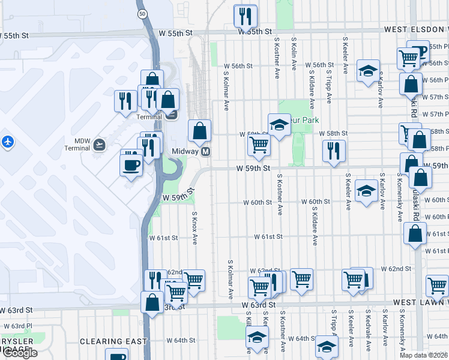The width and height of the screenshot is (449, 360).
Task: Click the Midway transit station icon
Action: coord(205,152)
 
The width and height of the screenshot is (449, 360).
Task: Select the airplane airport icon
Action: coord(7,142)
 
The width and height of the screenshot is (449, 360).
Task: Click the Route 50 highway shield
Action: coord(142,13)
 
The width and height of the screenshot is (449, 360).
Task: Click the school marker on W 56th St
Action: coord(368,71)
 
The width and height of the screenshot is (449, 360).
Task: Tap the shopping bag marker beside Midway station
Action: coord(199,130)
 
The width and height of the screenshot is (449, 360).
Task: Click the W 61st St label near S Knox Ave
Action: coord(164,238)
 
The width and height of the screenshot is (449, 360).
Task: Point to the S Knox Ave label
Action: coord(194,228)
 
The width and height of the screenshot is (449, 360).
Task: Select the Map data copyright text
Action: coord(423,355)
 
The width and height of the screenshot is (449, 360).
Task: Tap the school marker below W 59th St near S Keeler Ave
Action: coord(366,191)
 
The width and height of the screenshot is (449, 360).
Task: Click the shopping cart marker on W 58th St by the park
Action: coord(259,145)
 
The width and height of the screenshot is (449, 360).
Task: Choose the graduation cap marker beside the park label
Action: coord(279,125)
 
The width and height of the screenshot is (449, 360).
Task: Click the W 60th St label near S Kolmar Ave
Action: coord(258,203)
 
